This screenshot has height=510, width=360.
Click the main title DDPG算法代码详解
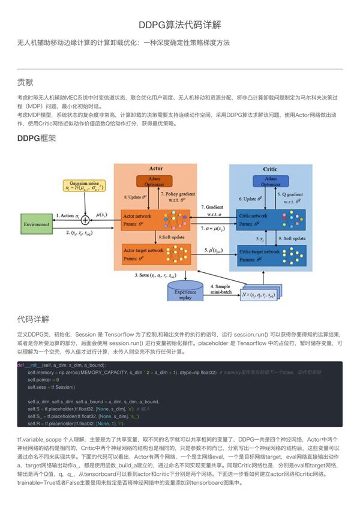point(179,25)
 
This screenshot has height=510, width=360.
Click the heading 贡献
point(26,82)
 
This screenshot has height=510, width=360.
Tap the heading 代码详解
point(34,318)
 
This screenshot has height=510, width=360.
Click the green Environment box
point(37,224)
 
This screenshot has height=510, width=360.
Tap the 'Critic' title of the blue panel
point(269,169)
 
